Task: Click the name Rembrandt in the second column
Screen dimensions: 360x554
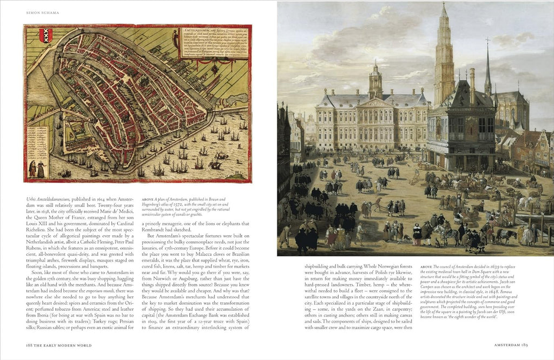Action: pyautogui.click(x=155, y=229)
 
